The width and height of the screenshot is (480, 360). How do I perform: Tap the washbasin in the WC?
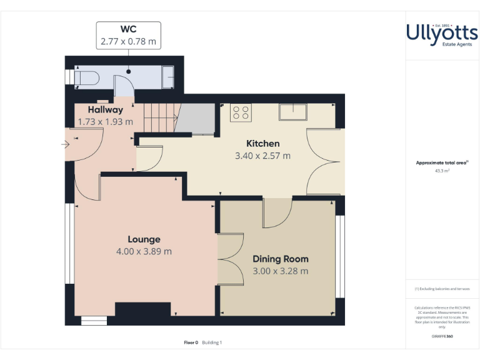click(x=169, y=77)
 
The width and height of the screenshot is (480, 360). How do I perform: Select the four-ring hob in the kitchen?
click(x=241, y=112)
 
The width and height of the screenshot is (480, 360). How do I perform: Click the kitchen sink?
click(x=293, y=112)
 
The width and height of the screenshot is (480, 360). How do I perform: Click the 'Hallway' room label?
click(x=105, y=110)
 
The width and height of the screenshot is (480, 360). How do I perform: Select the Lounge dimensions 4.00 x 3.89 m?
click(x=144, y=251)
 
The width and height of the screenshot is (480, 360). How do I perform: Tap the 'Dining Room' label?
click(x=280, y=259)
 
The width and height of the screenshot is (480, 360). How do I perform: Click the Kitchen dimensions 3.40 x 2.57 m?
click(x=262, y=156)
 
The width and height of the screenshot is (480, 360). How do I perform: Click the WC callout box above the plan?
click(x=128, y=36)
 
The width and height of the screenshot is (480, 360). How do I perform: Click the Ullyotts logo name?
click(x=442, y=32)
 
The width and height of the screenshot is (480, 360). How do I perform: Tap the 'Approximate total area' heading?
click(x=441, y=162)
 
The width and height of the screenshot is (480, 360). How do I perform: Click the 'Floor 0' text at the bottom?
click(x=191, y=342)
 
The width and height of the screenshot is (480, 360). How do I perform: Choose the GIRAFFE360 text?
click(x=442, y=337)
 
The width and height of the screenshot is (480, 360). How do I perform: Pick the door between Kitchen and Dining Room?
click(x=277, y=213)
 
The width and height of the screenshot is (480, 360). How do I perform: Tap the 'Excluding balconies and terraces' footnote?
click(x=442, y=289)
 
